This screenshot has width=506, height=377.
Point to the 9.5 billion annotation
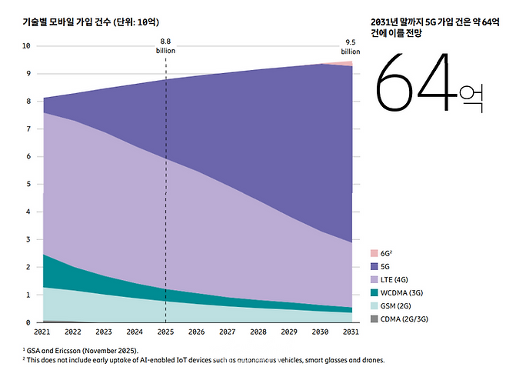point(350,47)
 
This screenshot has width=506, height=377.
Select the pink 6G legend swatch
point(374,253)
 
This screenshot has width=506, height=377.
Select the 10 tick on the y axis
point(26,45)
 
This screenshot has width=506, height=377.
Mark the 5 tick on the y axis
point(28,184)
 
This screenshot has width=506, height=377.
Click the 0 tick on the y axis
point(28,322)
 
